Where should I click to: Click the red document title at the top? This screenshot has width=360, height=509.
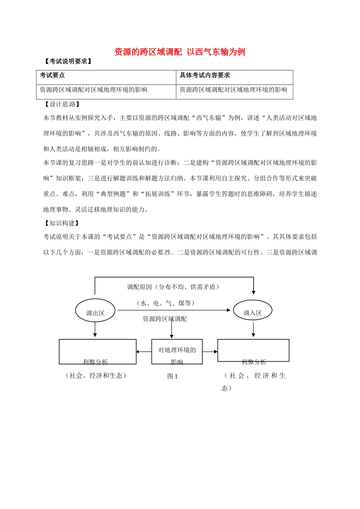[180, 52]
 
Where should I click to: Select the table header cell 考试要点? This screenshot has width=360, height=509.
[52, 75]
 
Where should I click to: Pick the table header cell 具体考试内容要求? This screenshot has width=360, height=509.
[205, 75]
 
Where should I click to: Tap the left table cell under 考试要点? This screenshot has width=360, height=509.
[94, 90]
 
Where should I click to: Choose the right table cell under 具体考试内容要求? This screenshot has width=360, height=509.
[233, 90]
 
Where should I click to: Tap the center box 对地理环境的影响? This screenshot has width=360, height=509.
[177, 352]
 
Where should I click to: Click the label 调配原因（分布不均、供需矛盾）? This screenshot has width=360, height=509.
[174, 287]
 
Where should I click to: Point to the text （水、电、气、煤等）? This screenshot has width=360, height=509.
[166, 303]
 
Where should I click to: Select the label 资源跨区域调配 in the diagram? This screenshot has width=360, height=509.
[165, 319]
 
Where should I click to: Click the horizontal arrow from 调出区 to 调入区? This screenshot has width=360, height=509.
[174, 310]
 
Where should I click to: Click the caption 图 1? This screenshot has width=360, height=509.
[172, 376]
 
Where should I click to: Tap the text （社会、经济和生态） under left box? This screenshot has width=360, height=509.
[95, 376]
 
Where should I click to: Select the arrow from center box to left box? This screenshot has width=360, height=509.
[144, 352]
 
